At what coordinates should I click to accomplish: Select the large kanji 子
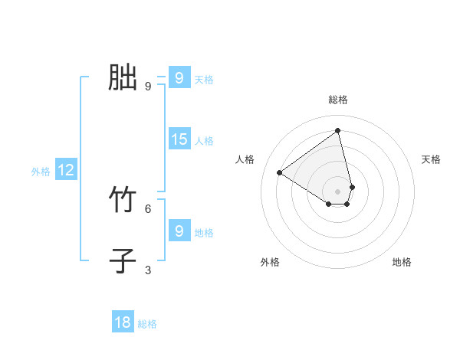click(x=123, y=260)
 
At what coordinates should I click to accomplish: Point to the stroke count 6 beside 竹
click(x=148, y=208)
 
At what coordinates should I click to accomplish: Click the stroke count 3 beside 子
click(x=148, y=270)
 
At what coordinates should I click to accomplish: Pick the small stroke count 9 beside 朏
click(x=148, y=86)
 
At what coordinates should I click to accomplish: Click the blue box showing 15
click(x=179, y=139)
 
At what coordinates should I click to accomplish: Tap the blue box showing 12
click(x=66, y=171)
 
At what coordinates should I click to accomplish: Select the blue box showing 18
click(x=123, y=322)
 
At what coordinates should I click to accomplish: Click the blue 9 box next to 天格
click(x=179, y=78)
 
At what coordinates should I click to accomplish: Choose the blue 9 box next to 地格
click(x=179, y=231)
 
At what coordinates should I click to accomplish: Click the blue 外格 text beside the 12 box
click(x=41, y=172)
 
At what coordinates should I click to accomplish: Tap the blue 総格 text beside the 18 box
click(x=147, y=324)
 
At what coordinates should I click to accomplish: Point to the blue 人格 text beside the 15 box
click(x=204, y=141)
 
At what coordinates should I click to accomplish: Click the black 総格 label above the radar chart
click(x=338, y=100)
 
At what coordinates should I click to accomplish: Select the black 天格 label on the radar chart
click(x=432, y=159)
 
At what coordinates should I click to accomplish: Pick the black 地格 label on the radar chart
click(x=402, y=262)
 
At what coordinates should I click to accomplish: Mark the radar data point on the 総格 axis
click(x=338, y=131)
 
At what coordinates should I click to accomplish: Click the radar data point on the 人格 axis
click(x=280, y=172)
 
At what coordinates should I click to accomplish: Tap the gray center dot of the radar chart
click(x=338, y=191)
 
